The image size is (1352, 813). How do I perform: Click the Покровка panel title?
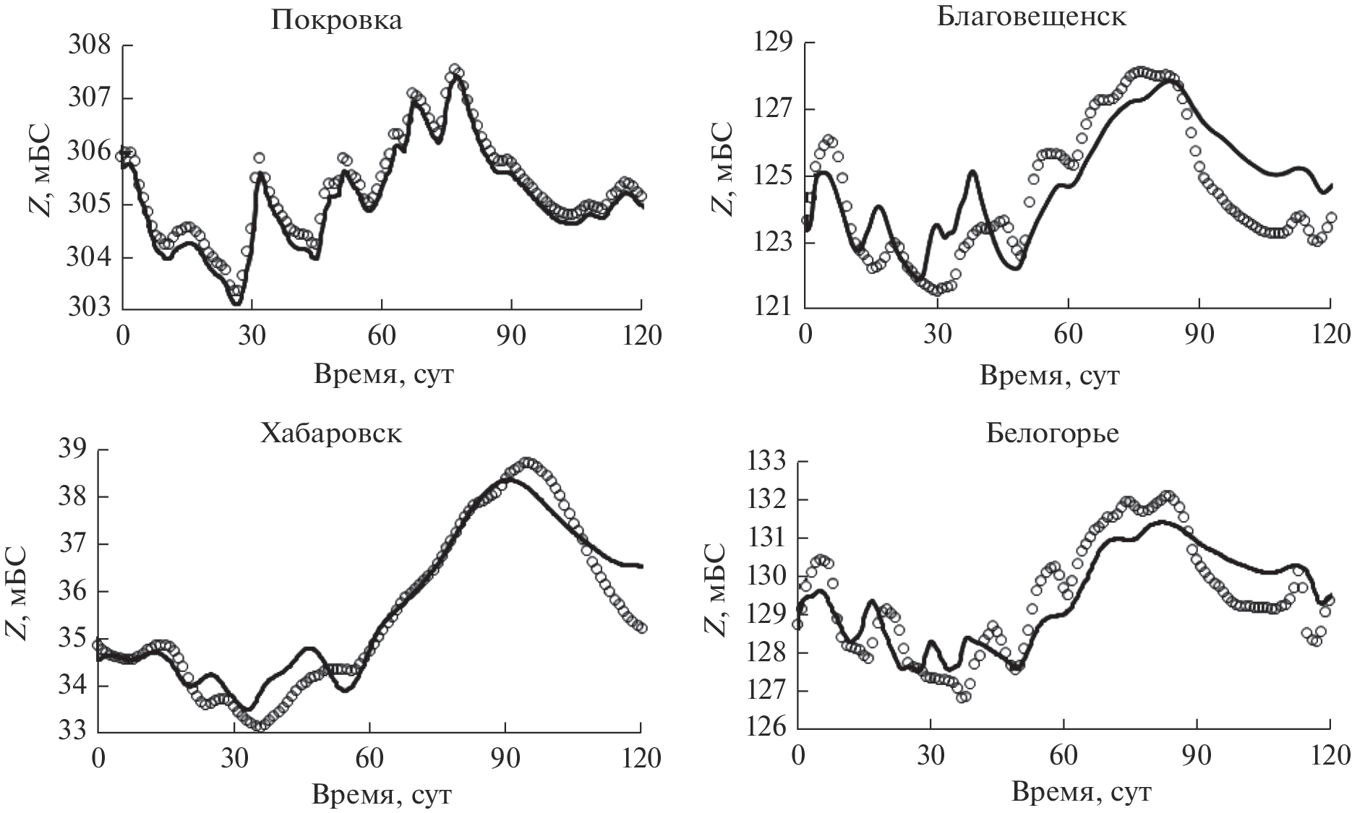[336, 20]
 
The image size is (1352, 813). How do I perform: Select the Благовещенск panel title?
[1032, 15]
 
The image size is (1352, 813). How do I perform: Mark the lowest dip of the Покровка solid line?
[236, 304]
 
